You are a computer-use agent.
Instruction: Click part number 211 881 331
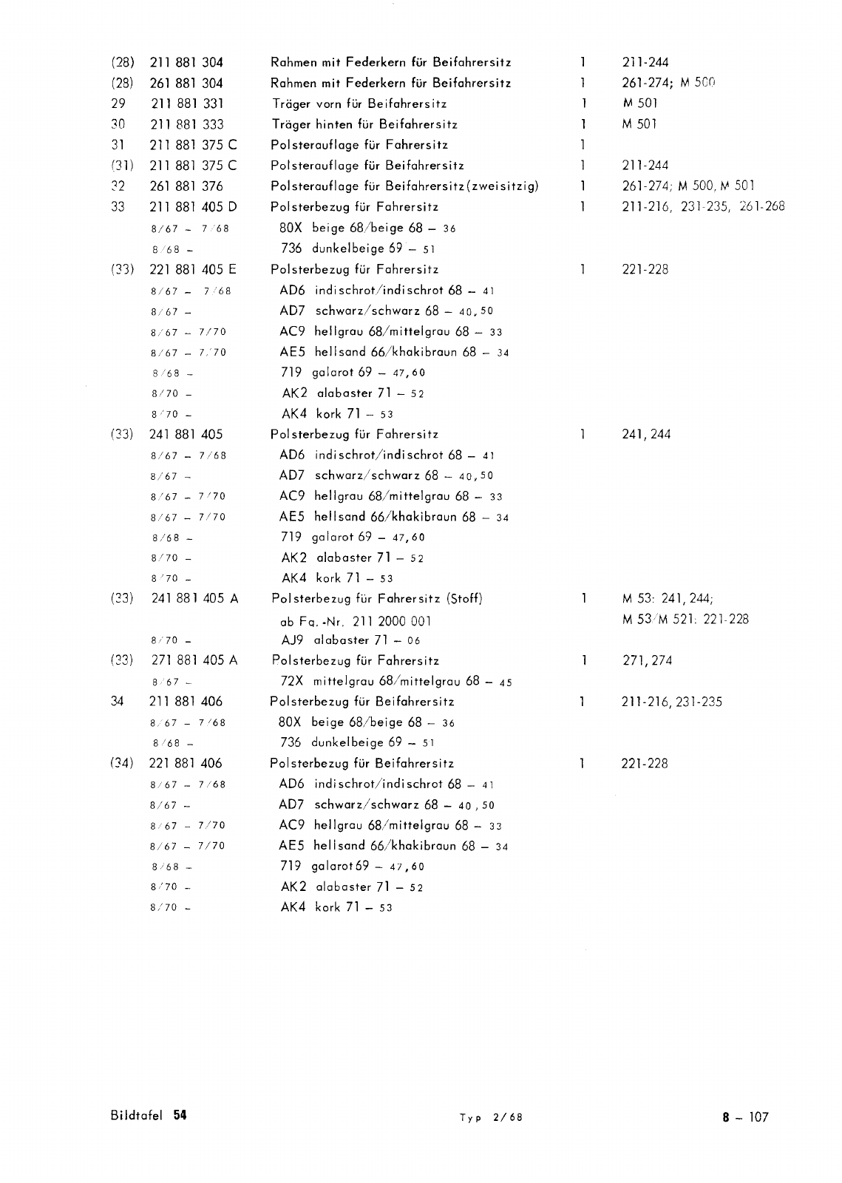click(186, 104)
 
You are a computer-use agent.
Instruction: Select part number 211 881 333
click(186, 124)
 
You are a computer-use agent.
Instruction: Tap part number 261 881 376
click(186, 186)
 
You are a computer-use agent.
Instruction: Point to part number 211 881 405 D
click(192, 207)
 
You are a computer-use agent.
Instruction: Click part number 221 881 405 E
click(192, 269)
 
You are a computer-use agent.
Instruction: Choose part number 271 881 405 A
click(194, 660)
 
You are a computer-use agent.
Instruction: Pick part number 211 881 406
click(186, 702)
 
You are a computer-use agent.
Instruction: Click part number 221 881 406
click(186, 764)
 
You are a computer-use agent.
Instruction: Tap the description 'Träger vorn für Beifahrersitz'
click(359, 104)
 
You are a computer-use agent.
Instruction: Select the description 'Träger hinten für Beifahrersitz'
click(364, 124)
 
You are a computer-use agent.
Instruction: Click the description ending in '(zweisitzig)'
click(404, 186)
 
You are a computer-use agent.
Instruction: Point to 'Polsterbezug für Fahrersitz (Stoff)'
click(377, 598)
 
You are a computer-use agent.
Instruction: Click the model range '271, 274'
click(647, 660)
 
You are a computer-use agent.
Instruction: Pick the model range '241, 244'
click(647, 435)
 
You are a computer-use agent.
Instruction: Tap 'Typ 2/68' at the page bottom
click(490, 1117)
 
